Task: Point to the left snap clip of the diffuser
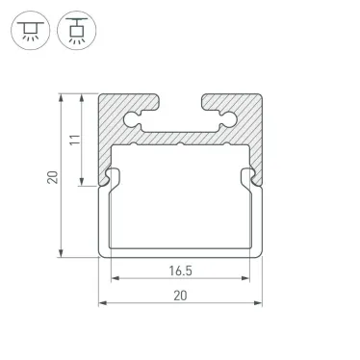(x=112, y=177)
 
